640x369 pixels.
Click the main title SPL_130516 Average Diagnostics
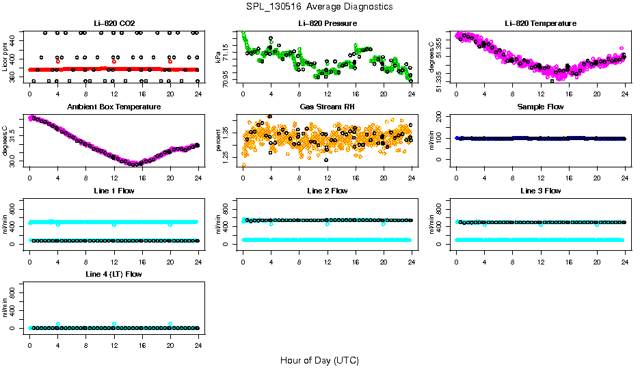320,6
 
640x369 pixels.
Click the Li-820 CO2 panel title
114,23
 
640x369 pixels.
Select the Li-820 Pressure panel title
327,23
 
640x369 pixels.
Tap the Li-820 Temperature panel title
540,23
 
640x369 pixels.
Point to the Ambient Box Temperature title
114,107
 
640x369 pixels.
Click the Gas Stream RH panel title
327,107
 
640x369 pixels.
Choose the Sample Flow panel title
540,107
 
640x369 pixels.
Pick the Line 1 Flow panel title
114,191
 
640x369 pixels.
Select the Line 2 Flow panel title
327,191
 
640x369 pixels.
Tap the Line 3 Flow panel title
540,191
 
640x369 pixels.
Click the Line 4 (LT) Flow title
114,274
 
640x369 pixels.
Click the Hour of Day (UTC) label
319,360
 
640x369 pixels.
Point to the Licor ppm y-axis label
5,57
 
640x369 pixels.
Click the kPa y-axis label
219,57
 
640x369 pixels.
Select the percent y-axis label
219,141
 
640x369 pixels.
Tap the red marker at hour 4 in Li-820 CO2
58,61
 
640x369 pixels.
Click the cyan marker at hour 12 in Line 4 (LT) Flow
114,324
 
